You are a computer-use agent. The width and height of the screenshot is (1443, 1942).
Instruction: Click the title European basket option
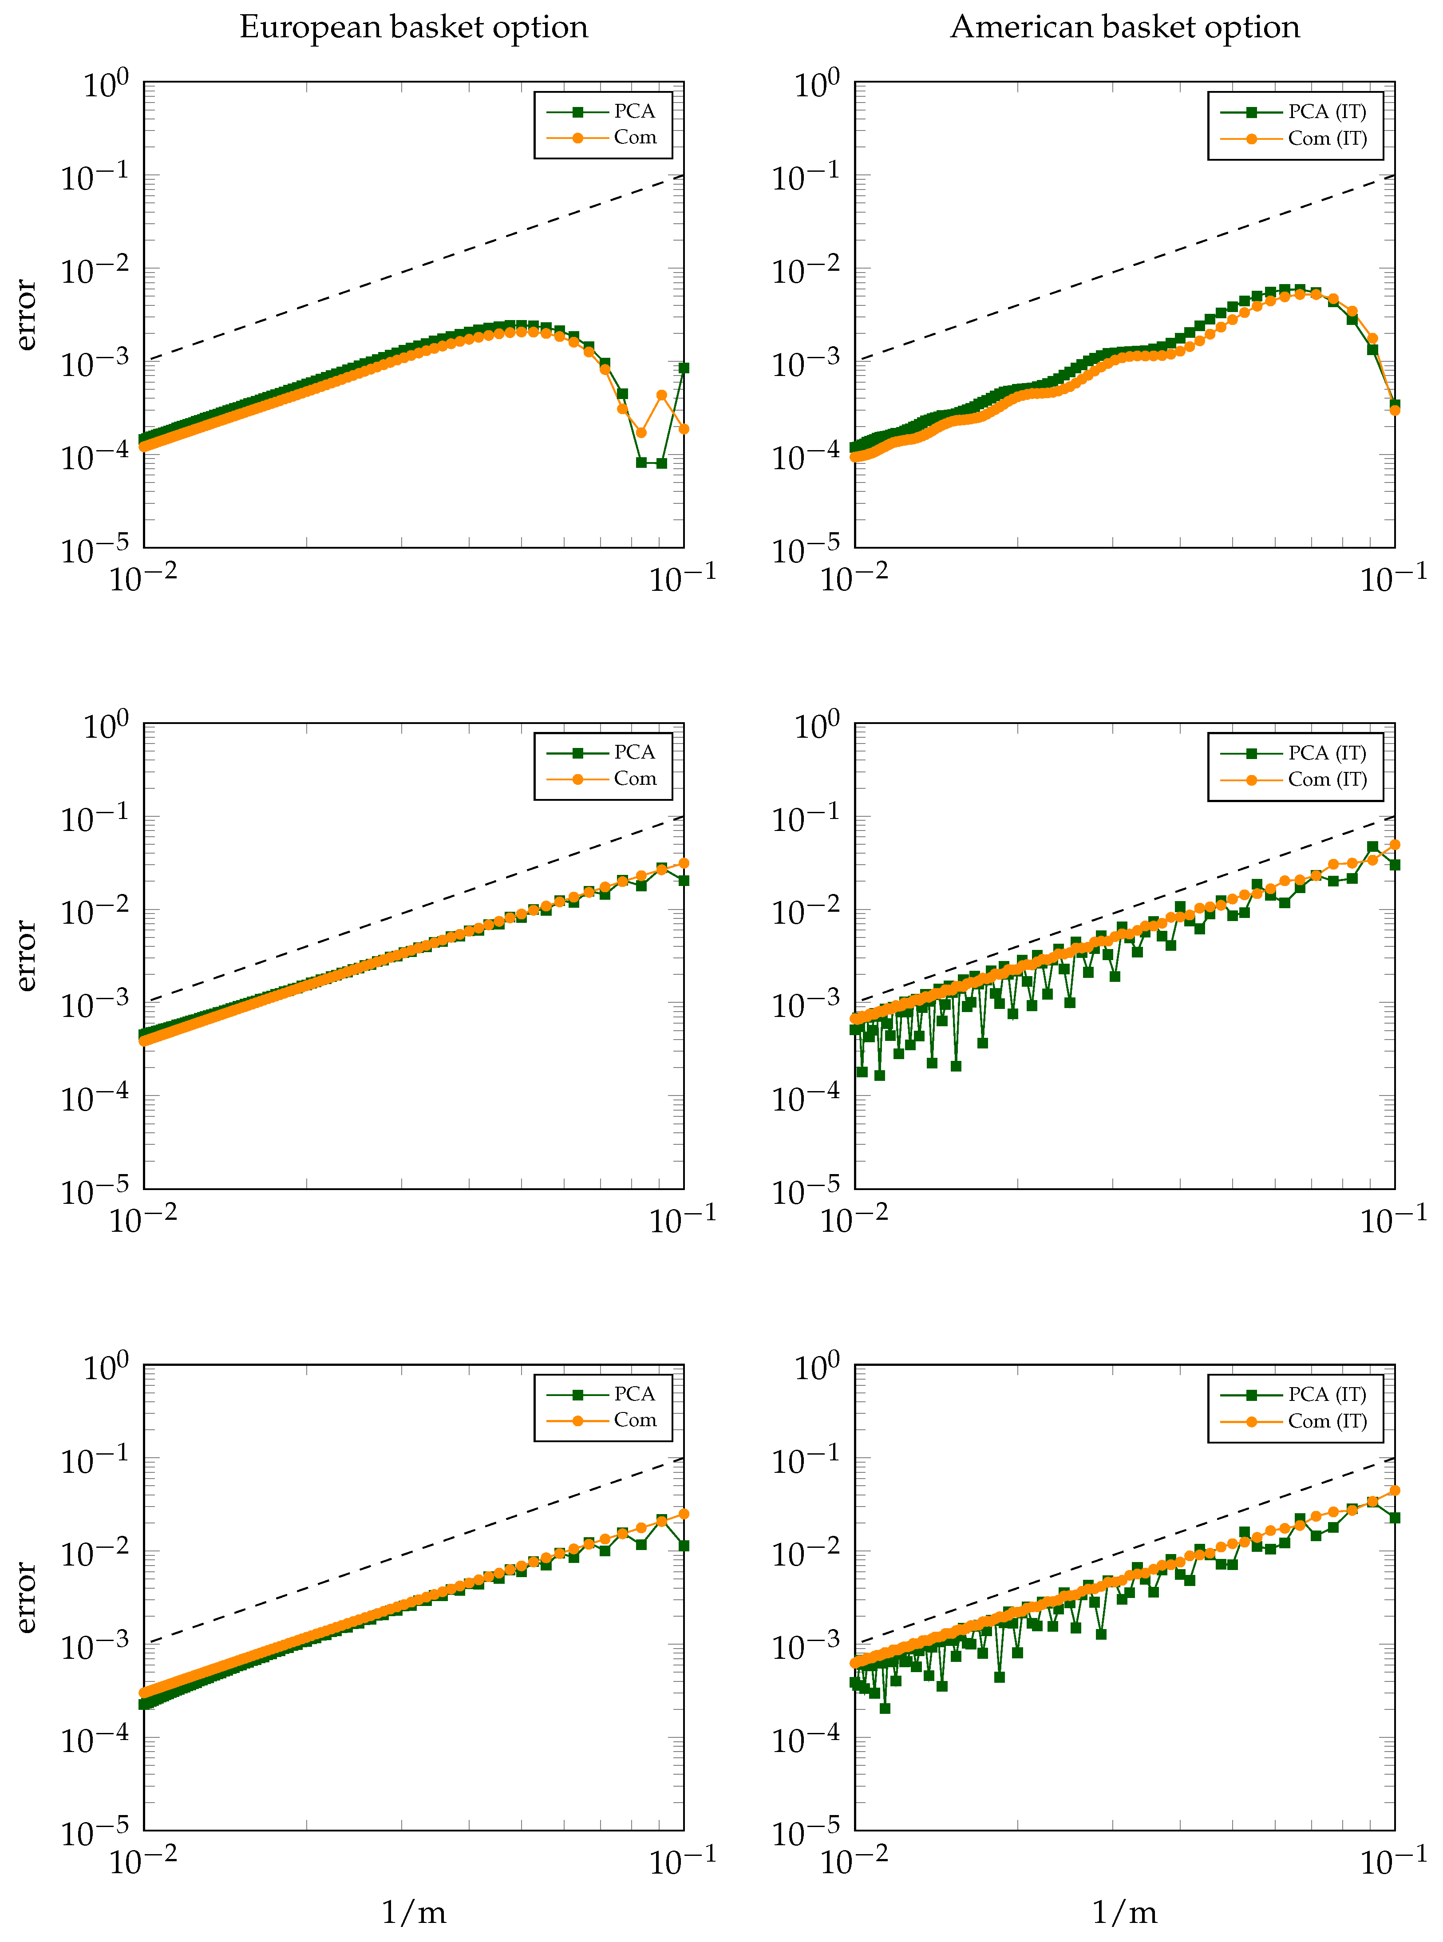[413, 27]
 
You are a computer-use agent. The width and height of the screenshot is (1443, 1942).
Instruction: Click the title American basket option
[1124, 27]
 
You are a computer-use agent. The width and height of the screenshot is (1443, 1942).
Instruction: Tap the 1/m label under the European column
[413, 1912]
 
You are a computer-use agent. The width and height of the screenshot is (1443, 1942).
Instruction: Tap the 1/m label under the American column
[1124, 1912]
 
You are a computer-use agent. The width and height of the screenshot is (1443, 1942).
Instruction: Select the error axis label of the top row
[26, 315]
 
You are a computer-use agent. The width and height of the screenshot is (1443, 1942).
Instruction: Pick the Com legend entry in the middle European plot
[634, 779]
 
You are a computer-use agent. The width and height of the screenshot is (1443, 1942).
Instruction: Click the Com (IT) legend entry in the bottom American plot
[1326, 1421]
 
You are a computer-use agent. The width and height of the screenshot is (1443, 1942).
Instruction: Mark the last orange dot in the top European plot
[684, 429]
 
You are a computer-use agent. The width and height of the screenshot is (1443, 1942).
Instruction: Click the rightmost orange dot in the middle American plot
[1395, 845]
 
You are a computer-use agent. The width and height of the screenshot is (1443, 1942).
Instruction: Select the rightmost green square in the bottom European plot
[684, 1546]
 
